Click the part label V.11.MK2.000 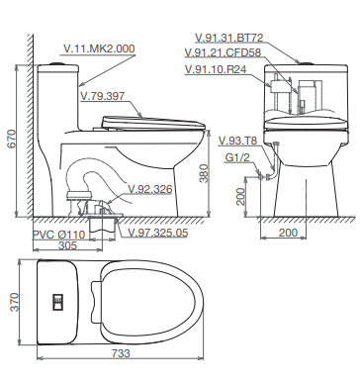coord(99,48)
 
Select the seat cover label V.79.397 coord(103,96)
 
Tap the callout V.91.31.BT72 coord(229,38)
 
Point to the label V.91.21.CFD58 coord(223,52)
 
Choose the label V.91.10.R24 coord(216,69)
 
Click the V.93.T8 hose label coord(237,141)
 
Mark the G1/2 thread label coord(237,157)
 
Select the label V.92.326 coord(150,189)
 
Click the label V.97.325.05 coord(158,233)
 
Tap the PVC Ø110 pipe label coord(58,235)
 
